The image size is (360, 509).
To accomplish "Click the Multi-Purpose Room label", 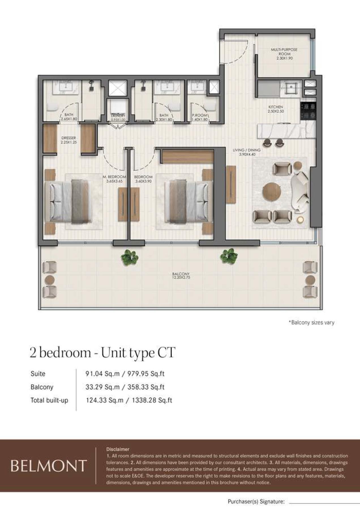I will pos(284,54).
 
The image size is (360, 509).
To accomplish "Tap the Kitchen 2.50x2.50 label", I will pos(276,109).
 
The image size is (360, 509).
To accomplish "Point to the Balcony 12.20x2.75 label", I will pos(181,276).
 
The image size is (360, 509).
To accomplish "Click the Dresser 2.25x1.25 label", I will pos(68,140).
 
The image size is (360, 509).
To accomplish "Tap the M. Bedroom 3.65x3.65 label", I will pos(114,179).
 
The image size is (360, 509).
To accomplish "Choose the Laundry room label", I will pos(117,118).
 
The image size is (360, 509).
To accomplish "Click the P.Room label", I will pos(200,117).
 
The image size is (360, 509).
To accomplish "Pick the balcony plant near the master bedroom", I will pos(130,257).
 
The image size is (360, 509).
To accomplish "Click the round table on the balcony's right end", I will pos(310,280).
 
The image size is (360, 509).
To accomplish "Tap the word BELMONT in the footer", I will pos(48,466).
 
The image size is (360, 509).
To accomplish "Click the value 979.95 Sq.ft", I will pos(146,374).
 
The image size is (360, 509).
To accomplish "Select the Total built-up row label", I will pos(49,400).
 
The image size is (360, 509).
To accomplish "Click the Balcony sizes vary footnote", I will pos(311,322).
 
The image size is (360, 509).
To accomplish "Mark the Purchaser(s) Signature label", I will pos(256,502).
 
